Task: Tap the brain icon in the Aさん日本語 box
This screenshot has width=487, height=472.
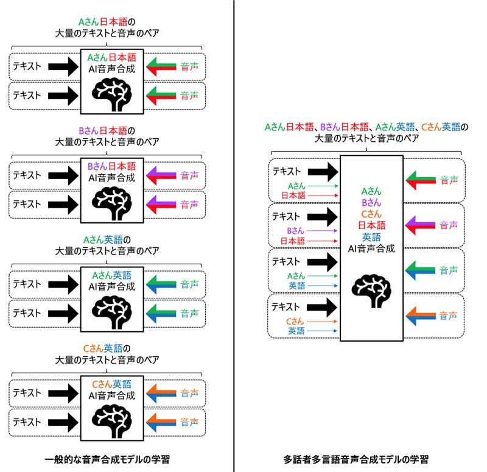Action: click(112, 92)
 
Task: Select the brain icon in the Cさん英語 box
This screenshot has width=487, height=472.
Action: click(112, 417)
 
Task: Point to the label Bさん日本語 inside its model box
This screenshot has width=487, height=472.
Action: click(112, 166)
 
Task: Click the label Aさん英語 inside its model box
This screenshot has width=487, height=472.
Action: click(112, 275)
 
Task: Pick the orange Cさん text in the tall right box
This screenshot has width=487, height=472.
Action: click(371, 214)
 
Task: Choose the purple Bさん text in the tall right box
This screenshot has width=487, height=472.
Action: click(371, 202)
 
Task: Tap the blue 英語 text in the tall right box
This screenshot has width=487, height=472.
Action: click(371, 237)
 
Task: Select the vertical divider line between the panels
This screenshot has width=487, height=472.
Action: click(234, 244)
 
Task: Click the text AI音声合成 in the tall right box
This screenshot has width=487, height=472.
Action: click(371, 248)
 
